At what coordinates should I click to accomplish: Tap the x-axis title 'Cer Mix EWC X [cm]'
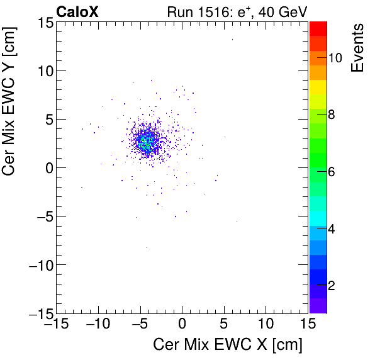click(x=228, y=345)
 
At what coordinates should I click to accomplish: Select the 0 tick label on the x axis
click(x=182, y=324)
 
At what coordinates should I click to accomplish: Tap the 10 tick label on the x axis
click(x=266, y=324)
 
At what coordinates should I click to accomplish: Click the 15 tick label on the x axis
click(x=307, y=324)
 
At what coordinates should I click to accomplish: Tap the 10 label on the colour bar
click(x=335, y=57)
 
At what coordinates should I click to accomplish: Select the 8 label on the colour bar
click(x=331, y=115)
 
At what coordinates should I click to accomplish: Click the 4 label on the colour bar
click(x=331, y=228)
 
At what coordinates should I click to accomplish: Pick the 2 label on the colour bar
click(x=331, y=285)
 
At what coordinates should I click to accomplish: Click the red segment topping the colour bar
click(x=318, y=28)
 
